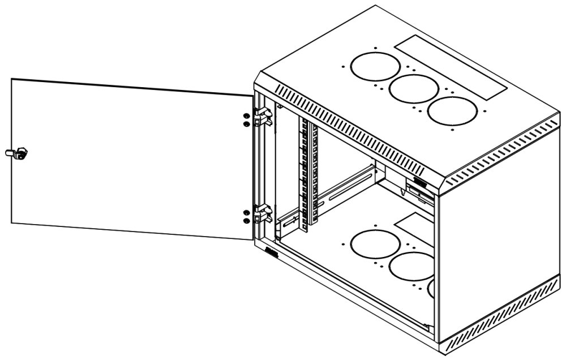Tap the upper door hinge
pos(263,116)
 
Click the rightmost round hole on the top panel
pos(452,110)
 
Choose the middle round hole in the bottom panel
pos(411,266)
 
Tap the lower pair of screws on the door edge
pos(246,216)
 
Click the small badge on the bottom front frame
pos(272,253)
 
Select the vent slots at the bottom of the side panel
pos(501,317)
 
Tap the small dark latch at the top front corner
pos(421,182)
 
